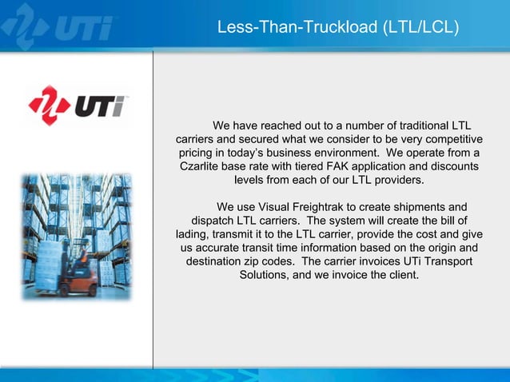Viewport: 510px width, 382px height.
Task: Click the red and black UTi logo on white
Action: tap(78, 105)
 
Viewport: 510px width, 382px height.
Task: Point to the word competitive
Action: tap(452, 139)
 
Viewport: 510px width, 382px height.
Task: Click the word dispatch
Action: tap(211, 221)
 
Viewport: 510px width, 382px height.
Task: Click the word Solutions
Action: tap(265, 275)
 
